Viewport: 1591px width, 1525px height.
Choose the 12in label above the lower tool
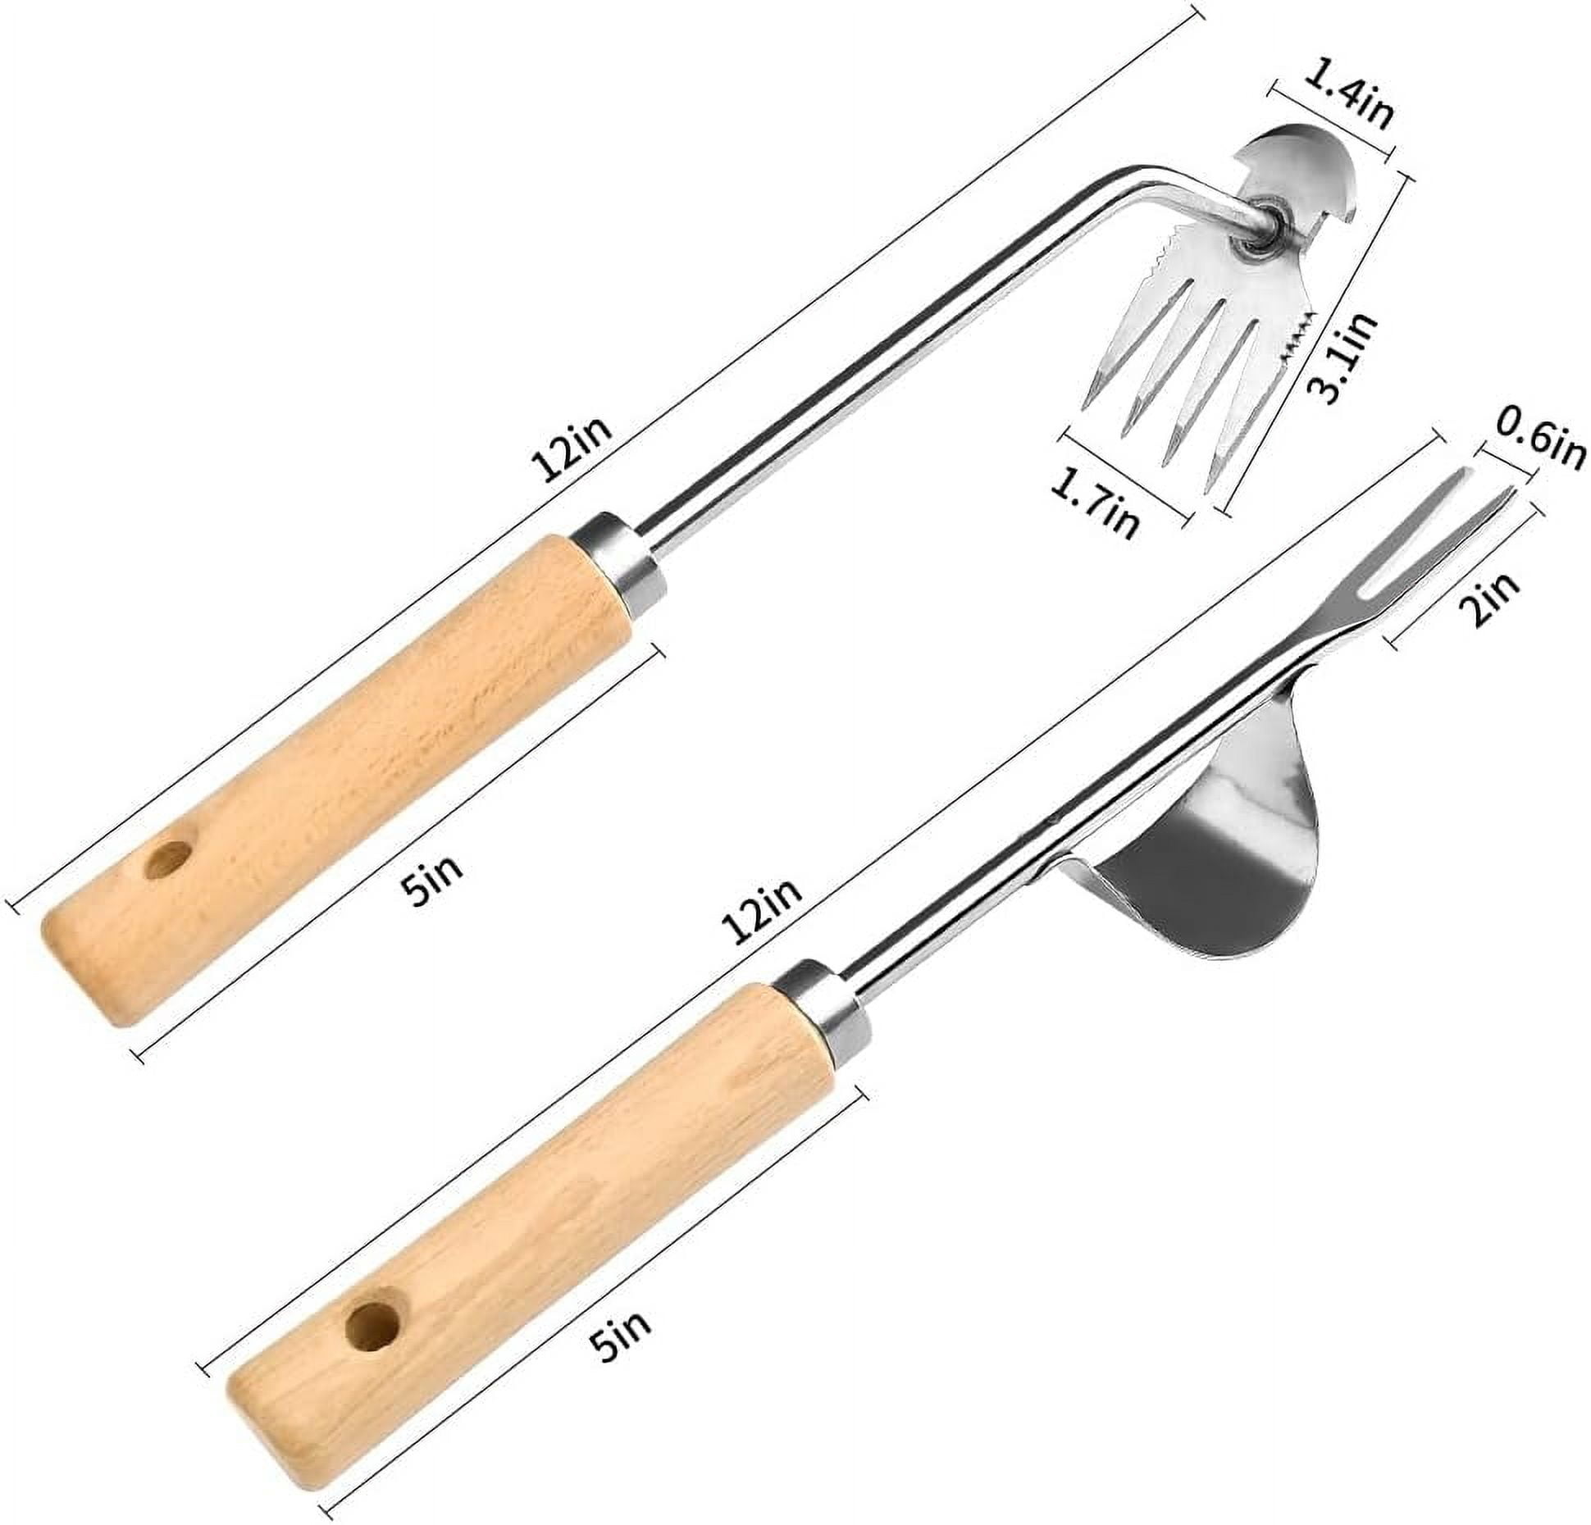pyautogui.click(x=763, y=911)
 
